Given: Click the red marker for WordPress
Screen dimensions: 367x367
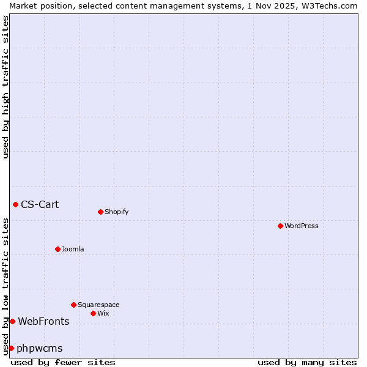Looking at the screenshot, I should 280,226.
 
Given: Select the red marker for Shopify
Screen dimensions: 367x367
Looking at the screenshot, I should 100,212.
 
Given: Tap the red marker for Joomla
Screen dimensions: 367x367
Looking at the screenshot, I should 57,249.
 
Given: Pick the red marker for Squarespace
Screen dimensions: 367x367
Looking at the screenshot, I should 73,305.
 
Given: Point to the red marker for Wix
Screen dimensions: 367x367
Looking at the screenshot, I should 93,313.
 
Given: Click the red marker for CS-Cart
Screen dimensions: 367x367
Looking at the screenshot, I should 15,204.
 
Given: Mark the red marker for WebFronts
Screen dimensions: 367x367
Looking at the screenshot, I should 12,321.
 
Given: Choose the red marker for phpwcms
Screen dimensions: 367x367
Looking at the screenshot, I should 11,348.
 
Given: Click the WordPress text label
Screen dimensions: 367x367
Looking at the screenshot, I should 302,226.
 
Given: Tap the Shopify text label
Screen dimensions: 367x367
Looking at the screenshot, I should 117,212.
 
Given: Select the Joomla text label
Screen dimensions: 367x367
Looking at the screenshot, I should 73,249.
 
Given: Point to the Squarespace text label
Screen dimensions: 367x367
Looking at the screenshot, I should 98,305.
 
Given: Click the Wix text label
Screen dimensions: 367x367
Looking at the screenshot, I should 103,313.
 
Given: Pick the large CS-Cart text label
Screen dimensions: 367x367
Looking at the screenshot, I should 40,204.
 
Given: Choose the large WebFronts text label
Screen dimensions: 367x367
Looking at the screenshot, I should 43,321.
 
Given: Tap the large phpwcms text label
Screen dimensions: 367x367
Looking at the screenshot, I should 40,348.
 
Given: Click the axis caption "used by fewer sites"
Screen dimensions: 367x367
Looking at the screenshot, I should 63,362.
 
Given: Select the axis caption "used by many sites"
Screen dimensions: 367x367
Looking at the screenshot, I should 307,362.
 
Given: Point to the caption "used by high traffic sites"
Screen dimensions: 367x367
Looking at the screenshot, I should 6,87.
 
